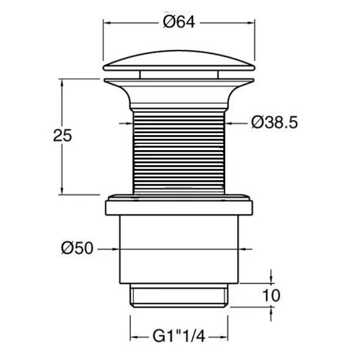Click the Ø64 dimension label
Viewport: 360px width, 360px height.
click(179, 22)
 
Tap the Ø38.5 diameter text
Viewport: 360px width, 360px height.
click(274, 122)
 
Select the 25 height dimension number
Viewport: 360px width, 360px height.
click(62, 136)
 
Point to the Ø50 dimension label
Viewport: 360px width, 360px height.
click(77, 248)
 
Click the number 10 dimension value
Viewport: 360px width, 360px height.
click(271, 295)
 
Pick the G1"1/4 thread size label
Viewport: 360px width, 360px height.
click(179, 337)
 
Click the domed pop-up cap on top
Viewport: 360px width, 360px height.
click(179, 61)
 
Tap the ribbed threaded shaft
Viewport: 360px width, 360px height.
click(179, 152)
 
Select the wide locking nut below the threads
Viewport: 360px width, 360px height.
click(179, 205)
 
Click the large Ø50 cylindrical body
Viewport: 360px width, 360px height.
click(179, 250)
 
